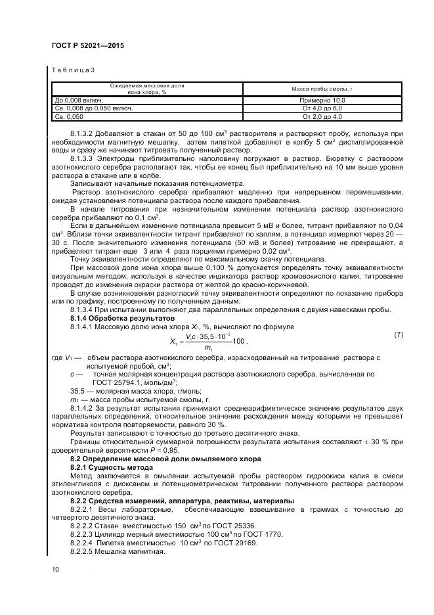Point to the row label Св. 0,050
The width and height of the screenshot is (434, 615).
(x=70, y=116)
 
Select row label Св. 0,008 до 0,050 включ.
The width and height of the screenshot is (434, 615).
(x=93, y=108)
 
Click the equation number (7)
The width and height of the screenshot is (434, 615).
(x=398, y=335)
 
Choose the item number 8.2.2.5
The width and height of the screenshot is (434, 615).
(x=81, y=551)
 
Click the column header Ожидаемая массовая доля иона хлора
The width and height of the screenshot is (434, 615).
(x=147, y=89)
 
